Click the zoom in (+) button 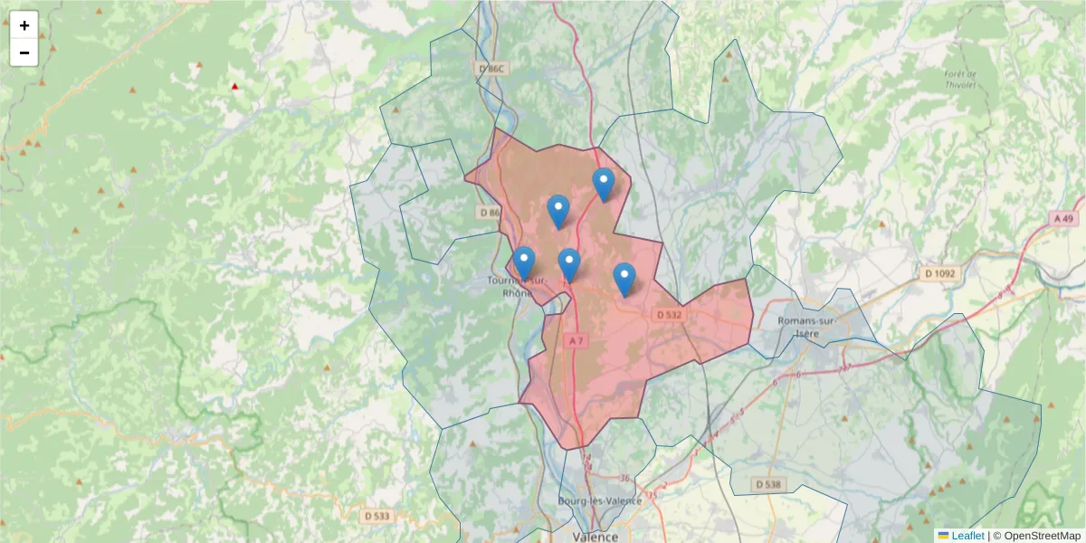tap(24, 25)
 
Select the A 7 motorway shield tap(577, 340)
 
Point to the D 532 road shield tap(669, 314)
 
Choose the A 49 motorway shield tap(1063, 218)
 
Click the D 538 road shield tap(768, 485)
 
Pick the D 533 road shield tap(376, 516)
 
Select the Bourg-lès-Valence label tap(600, 501)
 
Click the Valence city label tap(595, 537)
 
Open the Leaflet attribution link tap(967, 536)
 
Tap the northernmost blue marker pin tap(604, 184)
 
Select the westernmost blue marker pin tap(523, 262)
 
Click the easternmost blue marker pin tap(624, 279)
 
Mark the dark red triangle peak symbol tap(235, 87)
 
